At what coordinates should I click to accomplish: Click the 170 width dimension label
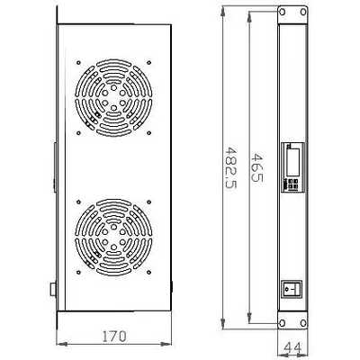click(x=112, y=336)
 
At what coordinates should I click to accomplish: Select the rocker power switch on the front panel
click(x=291, y=290)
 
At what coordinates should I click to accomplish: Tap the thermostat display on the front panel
click(x=292, y=158)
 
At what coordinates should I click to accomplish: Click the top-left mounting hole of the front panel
click(x=282, y=14)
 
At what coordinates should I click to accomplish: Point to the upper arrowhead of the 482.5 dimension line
click(x=223, y=10)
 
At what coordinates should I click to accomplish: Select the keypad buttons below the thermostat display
click(x=292, y=182)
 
